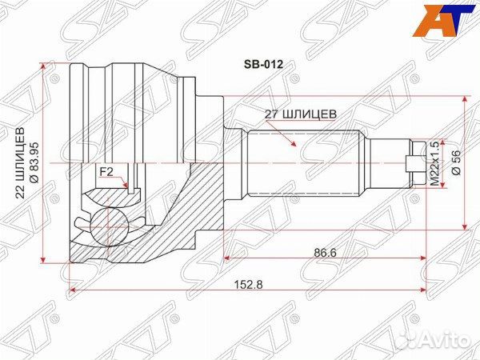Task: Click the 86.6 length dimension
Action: click(323, 252)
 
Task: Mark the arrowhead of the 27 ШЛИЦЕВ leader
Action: click(297, 148)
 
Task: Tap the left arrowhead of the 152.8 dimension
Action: click(73, 287)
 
